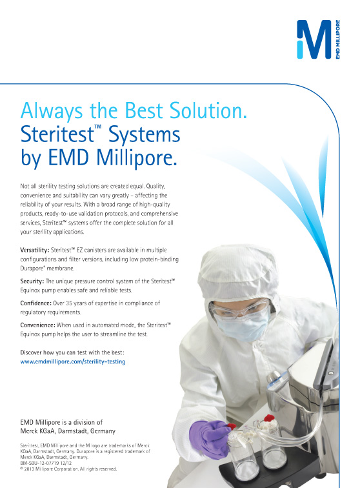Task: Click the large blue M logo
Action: point(314,39)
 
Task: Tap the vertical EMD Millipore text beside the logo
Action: point(338,39)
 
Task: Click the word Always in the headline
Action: point(52,112)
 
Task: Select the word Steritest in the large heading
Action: point(57,134)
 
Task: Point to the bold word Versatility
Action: point(35,250)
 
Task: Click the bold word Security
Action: point(32,281)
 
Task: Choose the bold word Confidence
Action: point(35,303)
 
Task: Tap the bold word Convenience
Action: point(37,325)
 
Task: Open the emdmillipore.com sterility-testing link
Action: point(73,361)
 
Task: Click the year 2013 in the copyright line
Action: point(29,469)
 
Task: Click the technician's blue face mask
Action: point(243,325)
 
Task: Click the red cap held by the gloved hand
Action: point(232,427)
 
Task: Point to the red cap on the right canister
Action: point(269,418)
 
